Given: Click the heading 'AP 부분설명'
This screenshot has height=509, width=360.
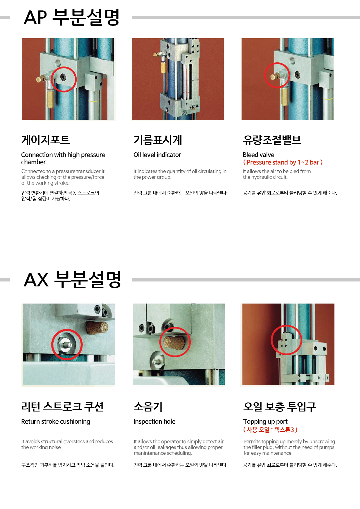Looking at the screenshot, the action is (71, 17).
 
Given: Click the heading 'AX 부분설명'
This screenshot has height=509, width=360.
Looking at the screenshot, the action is (72, 279).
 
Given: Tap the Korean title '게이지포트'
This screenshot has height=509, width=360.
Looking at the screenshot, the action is (46, 140).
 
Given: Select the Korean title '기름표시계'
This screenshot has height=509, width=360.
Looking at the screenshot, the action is (158, 140).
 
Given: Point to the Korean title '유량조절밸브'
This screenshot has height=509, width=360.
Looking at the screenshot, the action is (272, 140).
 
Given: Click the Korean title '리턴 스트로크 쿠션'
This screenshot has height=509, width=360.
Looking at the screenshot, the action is (62, 407).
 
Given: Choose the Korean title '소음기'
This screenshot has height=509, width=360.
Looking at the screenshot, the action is (148, 407).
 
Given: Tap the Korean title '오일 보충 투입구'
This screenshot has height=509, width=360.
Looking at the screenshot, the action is (280, 407).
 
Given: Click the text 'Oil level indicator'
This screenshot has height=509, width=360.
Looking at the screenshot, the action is (157, 155).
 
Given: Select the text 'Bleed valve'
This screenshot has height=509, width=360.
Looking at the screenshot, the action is (258, 155).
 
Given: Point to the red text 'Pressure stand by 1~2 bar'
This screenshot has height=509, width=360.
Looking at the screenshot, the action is (283, 162).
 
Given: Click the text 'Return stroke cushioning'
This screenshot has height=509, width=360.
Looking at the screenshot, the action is (55, 421).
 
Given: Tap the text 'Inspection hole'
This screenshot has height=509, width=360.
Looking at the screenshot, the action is (154, 421).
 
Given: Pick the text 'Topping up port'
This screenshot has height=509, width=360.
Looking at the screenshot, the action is (265, 421).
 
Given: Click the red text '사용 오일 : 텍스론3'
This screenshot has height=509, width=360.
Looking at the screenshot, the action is (270, 429).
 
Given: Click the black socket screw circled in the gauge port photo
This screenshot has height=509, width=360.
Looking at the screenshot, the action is (63, 77).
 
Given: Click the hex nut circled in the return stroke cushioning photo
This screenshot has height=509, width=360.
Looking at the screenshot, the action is (66, 344).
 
